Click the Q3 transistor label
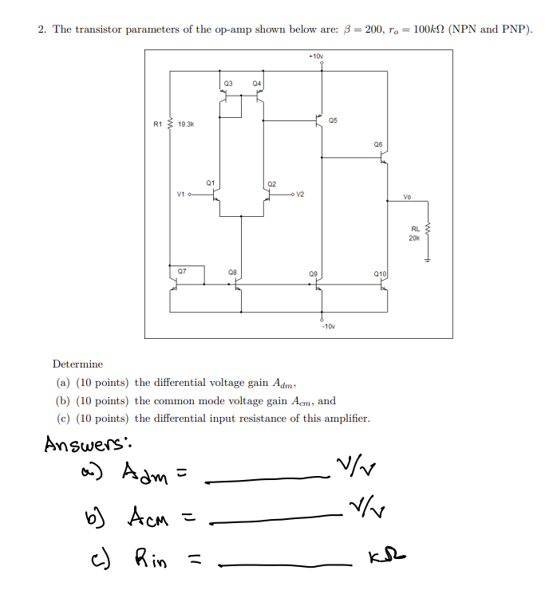click(x=228, y=83)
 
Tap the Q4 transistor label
click(x=256, y=83)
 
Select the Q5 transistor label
click(x=333, y=120)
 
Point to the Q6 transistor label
click(x=377, y=145)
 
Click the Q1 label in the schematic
click(x=210, y=183)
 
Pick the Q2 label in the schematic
click(x=272, y=184)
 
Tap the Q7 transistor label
click(x=182, y=271)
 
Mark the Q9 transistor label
click(x=313, y=273)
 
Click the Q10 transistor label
click(x=380, y=273)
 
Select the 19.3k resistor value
click(x=186, y=124)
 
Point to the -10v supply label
click(x=328, y=327)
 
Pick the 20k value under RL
click(x=414, y=238)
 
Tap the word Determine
click(x=77, y=364)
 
